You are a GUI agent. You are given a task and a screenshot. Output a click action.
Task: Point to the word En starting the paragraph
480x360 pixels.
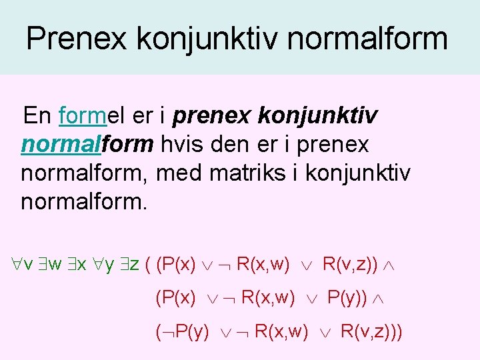click(37, 117)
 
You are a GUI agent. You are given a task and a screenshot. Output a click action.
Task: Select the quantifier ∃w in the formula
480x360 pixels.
click(53, 265)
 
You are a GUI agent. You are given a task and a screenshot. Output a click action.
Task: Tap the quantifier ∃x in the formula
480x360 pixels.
click(81, 265)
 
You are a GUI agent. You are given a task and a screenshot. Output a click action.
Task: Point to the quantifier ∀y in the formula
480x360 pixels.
click(108, 265)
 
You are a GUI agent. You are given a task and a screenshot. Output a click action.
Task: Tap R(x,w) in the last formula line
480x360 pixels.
click(281, 331)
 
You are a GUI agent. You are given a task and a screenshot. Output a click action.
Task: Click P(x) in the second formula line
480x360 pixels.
click(175, 297)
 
